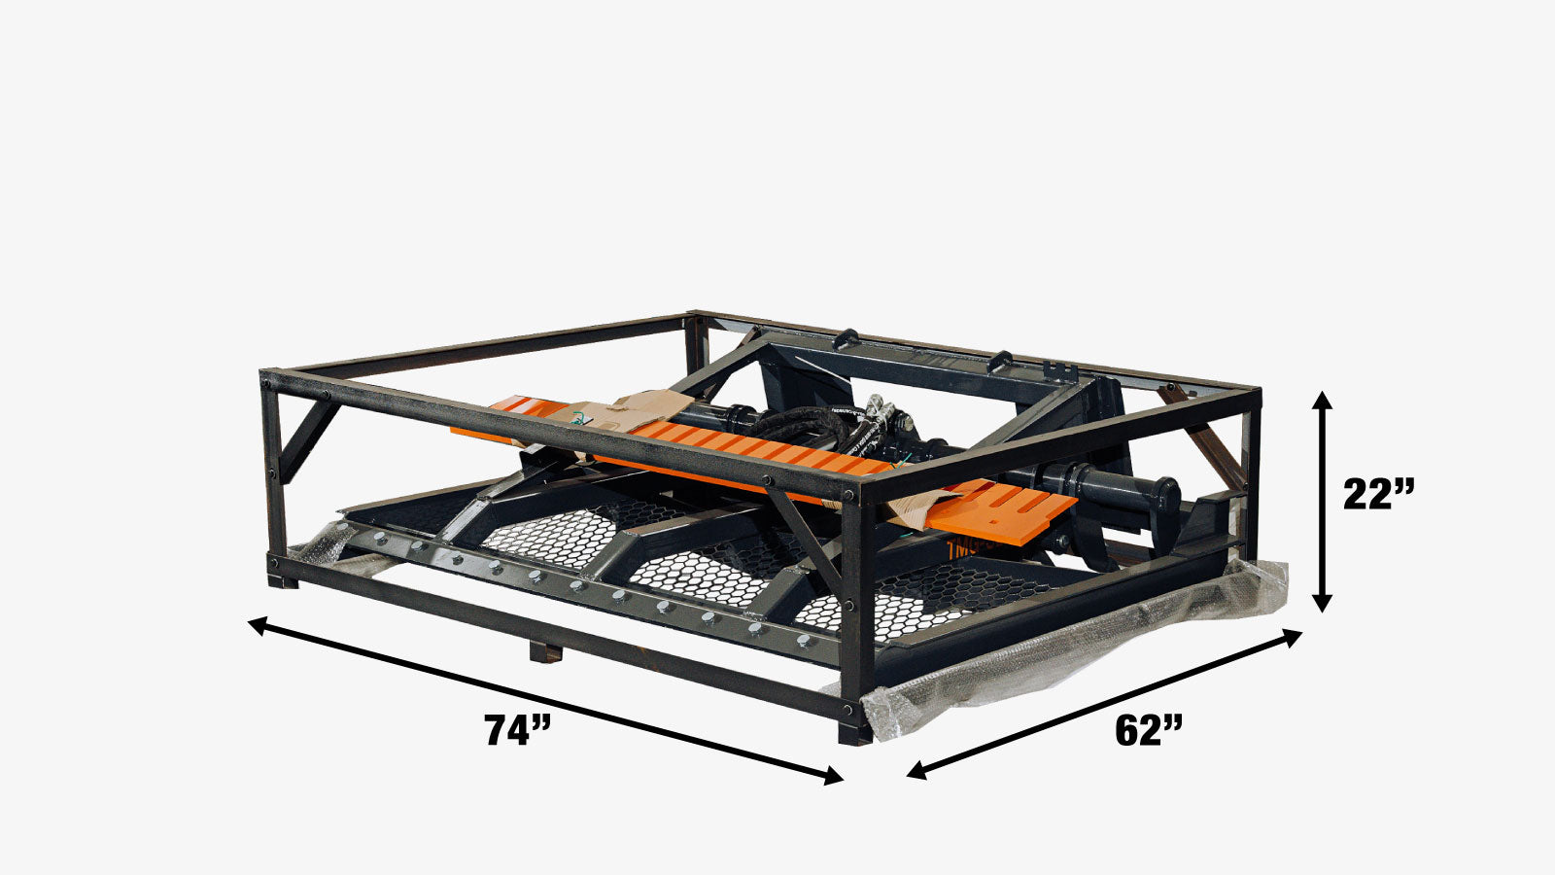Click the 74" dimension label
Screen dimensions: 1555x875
517,730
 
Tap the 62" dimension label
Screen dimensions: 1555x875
1148,730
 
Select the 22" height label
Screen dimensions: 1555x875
1378,494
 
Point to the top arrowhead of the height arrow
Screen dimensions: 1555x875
1323,402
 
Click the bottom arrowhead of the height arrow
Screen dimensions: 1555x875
1323,602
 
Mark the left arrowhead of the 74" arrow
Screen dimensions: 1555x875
259,624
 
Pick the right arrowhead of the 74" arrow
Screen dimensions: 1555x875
832,776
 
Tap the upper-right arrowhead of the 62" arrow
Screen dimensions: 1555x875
1290,637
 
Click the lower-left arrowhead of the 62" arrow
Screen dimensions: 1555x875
918,769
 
